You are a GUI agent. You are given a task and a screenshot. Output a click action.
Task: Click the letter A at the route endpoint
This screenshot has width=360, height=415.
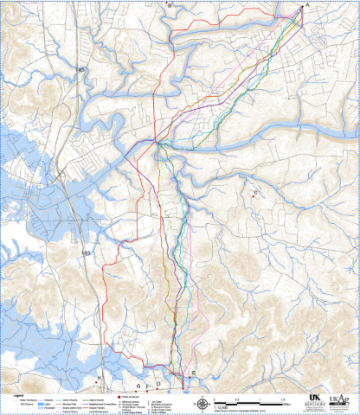[x=304, y=4]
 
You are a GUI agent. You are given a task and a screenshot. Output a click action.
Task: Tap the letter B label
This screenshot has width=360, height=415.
[x=170, y=5]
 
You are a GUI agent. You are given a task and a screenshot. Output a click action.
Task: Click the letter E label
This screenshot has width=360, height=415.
[x=194, y=373]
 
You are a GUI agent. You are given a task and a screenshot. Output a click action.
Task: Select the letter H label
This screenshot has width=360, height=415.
[x=99, y=379]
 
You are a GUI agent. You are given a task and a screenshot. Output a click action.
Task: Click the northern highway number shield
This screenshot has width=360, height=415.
[x=80, y=68]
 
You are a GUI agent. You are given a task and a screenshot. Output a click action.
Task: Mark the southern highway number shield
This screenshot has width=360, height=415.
[x=85, y=252]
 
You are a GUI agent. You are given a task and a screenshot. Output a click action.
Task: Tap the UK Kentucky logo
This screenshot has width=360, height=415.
[x=314, y=399]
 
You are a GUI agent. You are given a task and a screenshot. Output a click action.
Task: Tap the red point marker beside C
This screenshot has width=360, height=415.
[x=252, y=197]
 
